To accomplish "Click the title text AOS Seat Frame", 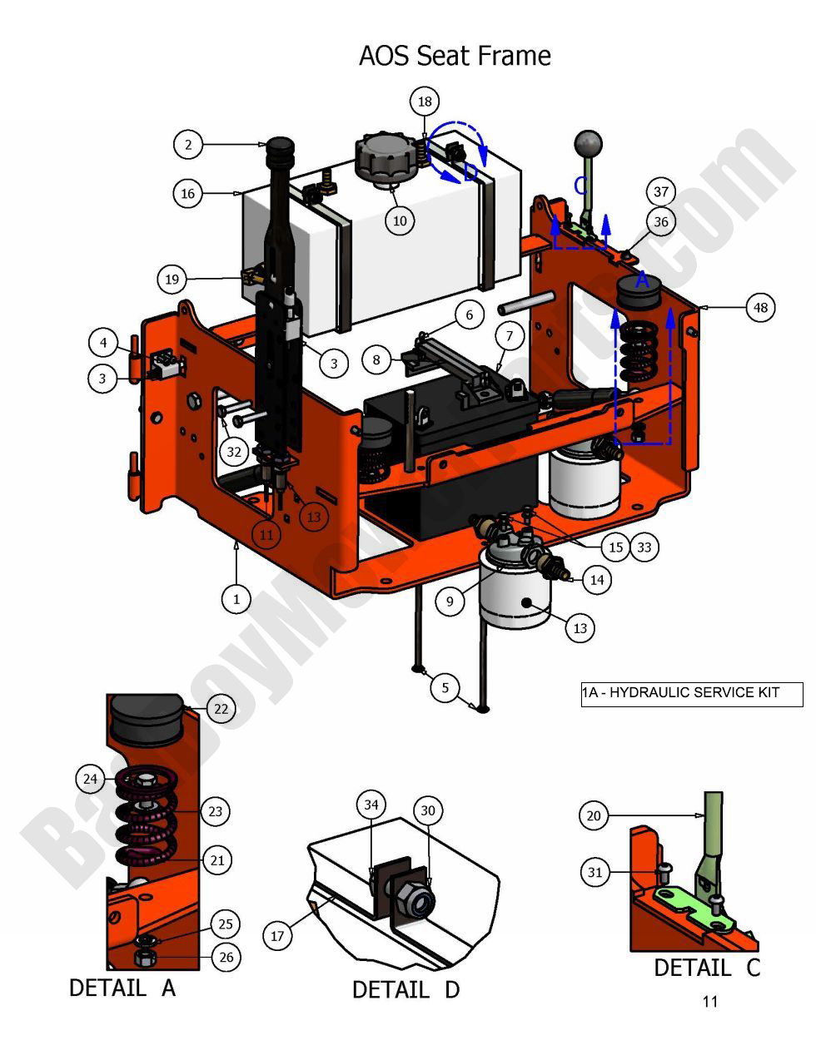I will click(x=455, y=56).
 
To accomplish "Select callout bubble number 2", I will click(x=188, y=145).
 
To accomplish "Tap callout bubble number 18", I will click(x=425, y=102).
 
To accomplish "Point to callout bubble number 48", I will click(x=759, y=307).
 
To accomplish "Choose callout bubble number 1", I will click(x=236, y=598).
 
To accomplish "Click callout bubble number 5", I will click(x=445, y=687).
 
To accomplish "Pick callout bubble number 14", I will click(x=596, y=579).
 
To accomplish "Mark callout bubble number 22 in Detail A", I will click(x=221, y=709).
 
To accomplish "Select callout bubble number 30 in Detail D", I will click(x=428, y=810).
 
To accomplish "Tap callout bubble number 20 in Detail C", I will click(x=594, y=815).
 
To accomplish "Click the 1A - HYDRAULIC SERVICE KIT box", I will click(x=691, y=693).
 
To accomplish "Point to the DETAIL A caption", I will click(x=122, y=988).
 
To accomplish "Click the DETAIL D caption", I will click(x=406, y=989).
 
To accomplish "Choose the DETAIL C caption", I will click(x=706, y=968).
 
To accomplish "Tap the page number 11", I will click(x=709, y=1002).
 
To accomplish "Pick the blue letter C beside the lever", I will click(x=581, y=186).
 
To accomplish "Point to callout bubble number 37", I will click(x=660, y=191).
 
